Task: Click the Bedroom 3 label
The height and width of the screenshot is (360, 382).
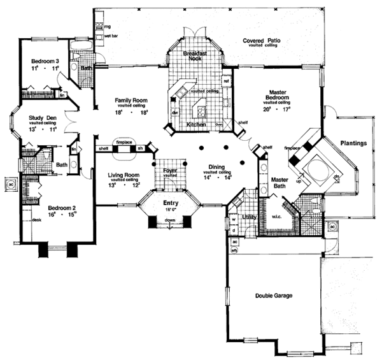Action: [46, 61]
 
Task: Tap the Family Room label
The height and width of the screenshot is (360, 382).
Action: [131, 100]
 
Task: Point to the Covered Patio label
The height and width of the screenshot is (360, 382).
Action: [262, 41]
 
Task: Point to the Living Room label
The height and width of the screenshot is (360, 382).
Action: [123, 174]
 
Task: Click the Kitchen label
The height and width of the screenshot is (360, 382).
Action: [195, 125]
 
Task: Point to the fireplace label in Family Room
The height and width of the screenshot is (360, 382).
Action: [124, 143]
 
